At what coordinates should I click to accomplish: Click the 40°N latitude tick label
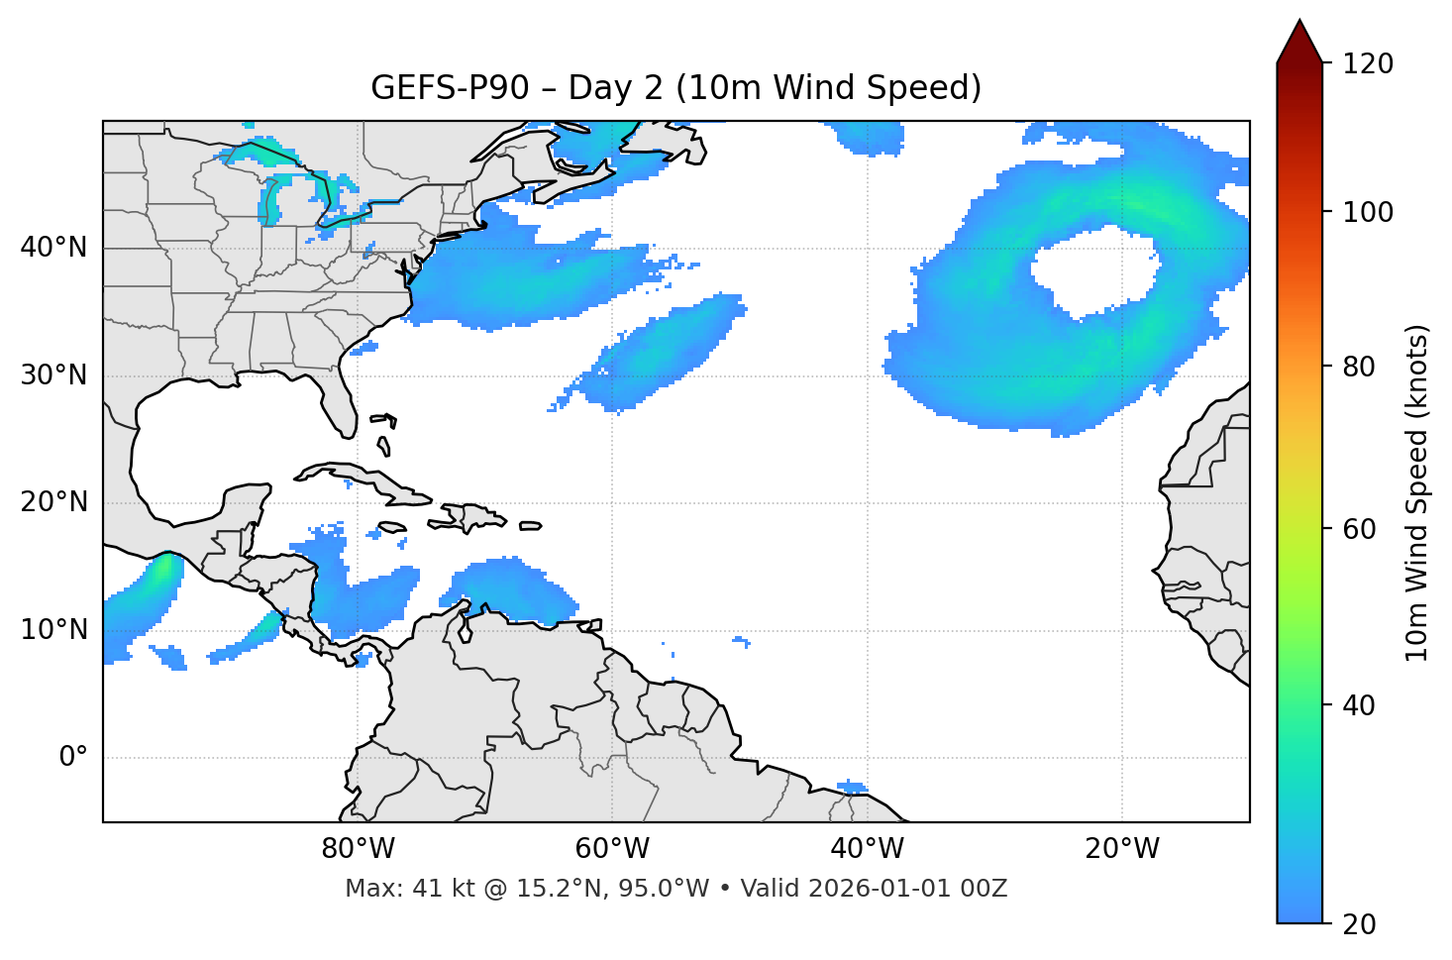coord(53,248)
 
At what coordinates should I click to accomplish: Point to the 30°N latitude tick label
coord(53,375)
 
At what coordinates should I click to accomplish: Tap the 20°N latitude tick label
coord(53,502)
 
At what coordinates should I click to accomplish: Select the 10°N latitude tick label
coord(53,630)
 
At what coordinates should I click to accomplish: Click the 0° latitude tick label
coord(72,758)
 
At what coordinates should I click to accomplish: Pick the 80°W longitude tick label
coord(358,849)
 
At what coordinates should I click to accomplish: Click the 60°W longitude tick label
coord(612,849)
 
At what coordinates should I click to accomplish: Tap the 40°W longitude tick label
coord(867,849)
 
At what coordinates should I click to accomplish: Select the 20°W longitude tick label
coord(1121,849)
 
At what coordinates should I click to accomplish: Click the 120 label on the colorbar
coord(1368,64)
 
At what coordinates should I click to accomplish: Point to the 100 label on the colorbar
coord(1368,212)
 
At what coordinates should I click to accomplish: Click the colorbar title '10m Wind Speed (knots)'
coord(1417,493)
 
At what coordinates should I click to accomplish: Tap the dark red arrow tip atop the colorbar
coord(1299,40)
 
